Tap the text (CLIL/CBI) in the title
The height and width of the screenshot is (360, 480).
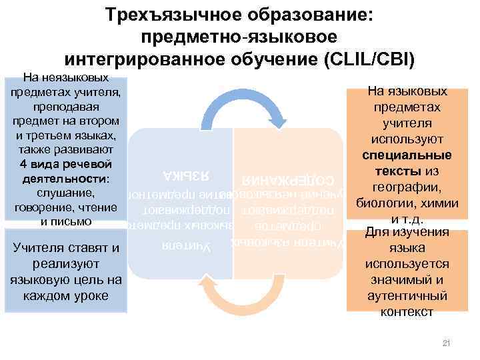(369, 58)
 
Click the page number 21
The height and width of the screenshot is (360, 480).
(447, 343)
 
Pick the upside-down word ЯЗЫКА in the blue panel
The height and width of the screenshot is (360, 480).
(181, 176)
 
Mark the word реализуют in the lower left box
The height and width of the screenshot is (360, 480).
(65, 265)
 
